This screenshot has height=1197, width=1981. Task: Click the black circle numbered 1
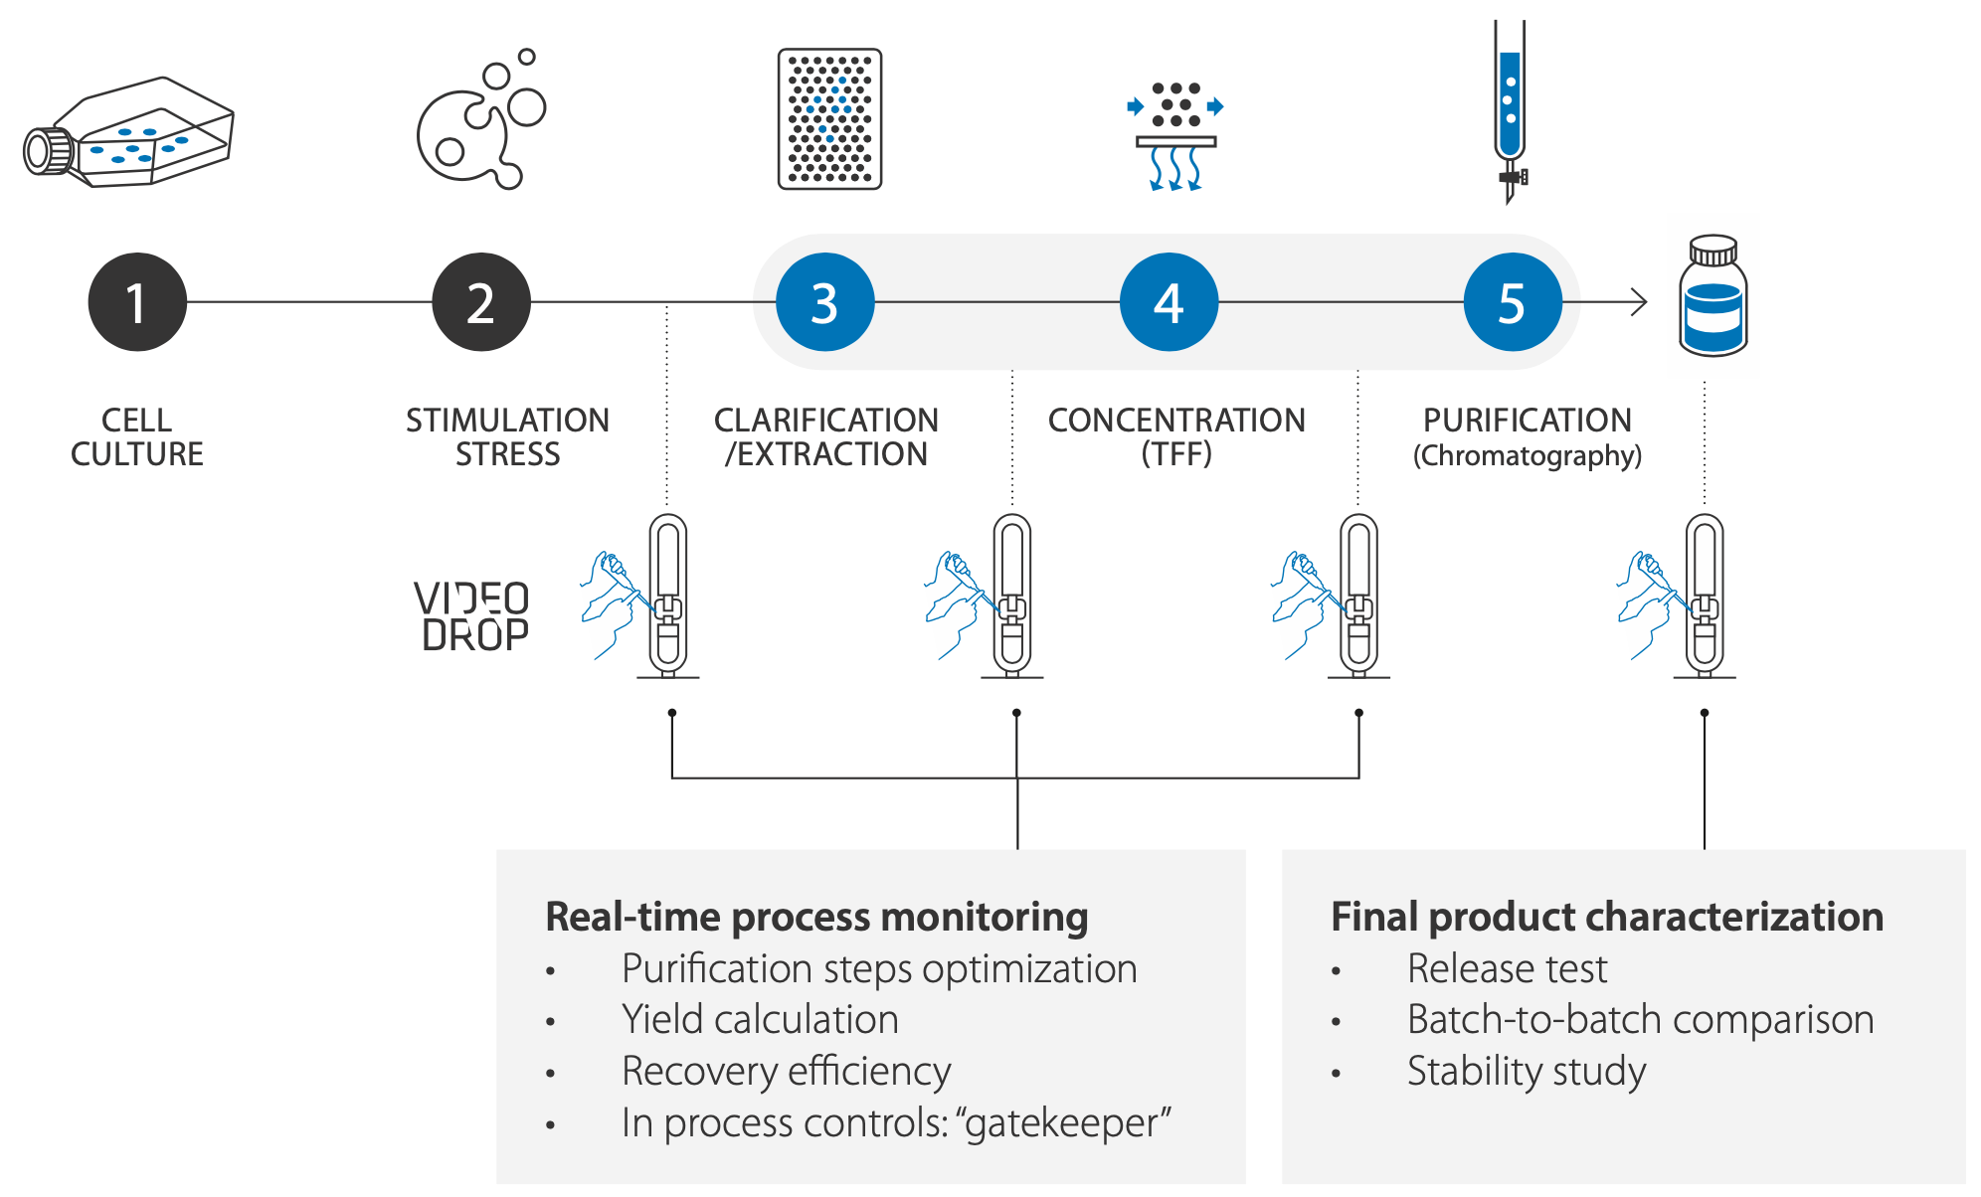(137, 302)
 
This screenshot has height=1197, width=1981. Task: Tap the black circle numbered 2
(481, 302)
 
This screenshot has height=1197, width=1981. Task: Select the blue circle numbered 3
(824, 302)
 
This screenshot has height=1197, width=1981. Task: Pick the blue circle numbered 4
(1169, 302)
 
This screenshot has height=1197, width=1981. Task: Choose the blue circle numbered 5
(1513, 302)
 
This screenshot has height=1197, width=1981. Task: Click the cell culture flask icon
(129, 133)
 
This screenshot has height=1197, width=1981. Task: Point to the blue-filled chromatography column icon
(1510, 109)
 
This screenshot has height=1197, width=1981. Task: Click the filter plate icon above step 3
(829, 119)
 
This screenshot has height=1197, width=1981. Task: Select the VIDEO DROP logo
(472, 617)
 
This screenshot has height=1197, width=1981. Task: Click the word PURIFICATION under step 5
(1528, 421)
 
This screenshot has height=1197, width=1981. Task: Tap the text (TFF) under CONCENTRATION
(1176, 454)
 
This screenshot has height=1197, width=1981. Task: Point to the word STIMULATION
(507, 421)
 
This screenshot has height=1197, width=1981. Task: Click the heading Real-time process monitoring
(816, 917)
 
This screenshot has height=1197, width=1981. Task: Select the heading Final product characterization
(1607, 917)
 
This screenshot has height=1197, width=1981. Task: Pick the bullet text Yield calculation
(760, 1020)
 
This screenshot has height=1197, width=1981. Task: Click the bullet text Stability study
(1527, 1072)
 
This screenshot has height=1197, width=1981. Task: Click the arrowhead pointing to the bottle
(1638, 302)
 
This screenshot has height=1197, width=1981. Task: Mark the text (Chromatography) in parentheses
(1528, 456)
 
